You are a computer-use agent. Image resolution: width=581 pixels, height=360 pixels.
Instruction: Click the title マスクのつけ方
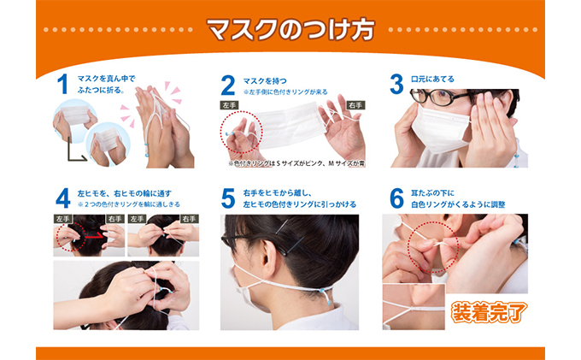[x=290, y=32]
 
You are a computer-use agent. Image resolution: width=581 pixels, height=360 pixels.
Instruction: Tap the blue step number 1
[x=62, y=84]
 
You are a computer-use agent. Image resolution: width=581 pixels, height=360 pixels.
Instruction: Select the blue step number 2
[x=227, y=84]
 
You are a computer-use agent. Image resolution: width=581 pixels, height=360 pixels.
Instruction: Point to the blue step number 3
[x=396, y=84]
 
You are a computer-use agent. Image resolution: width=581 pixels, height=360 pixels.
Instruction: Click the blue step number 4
[x=62, y=198]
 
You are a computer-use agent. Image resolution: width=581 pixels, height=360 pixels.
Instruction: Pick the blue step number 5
[x=227, y=198]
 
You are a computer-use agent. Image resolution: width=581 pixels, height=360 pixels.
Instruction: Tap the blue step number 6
[x=396, y=198]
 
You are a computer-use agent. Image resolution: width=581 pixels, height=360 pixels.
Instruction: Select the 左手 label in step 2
[x=228, y=105]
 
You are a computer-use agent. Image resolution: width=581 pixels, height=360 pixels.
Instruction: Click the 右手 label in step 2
[x=355, y=105]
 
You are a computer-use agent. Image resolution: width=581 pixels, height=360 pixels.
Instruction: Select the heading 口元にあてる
[x=434, y=79]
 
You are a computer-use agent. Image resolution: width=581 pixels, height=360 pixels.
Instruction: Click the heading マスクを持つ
[x=266, y=79]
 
